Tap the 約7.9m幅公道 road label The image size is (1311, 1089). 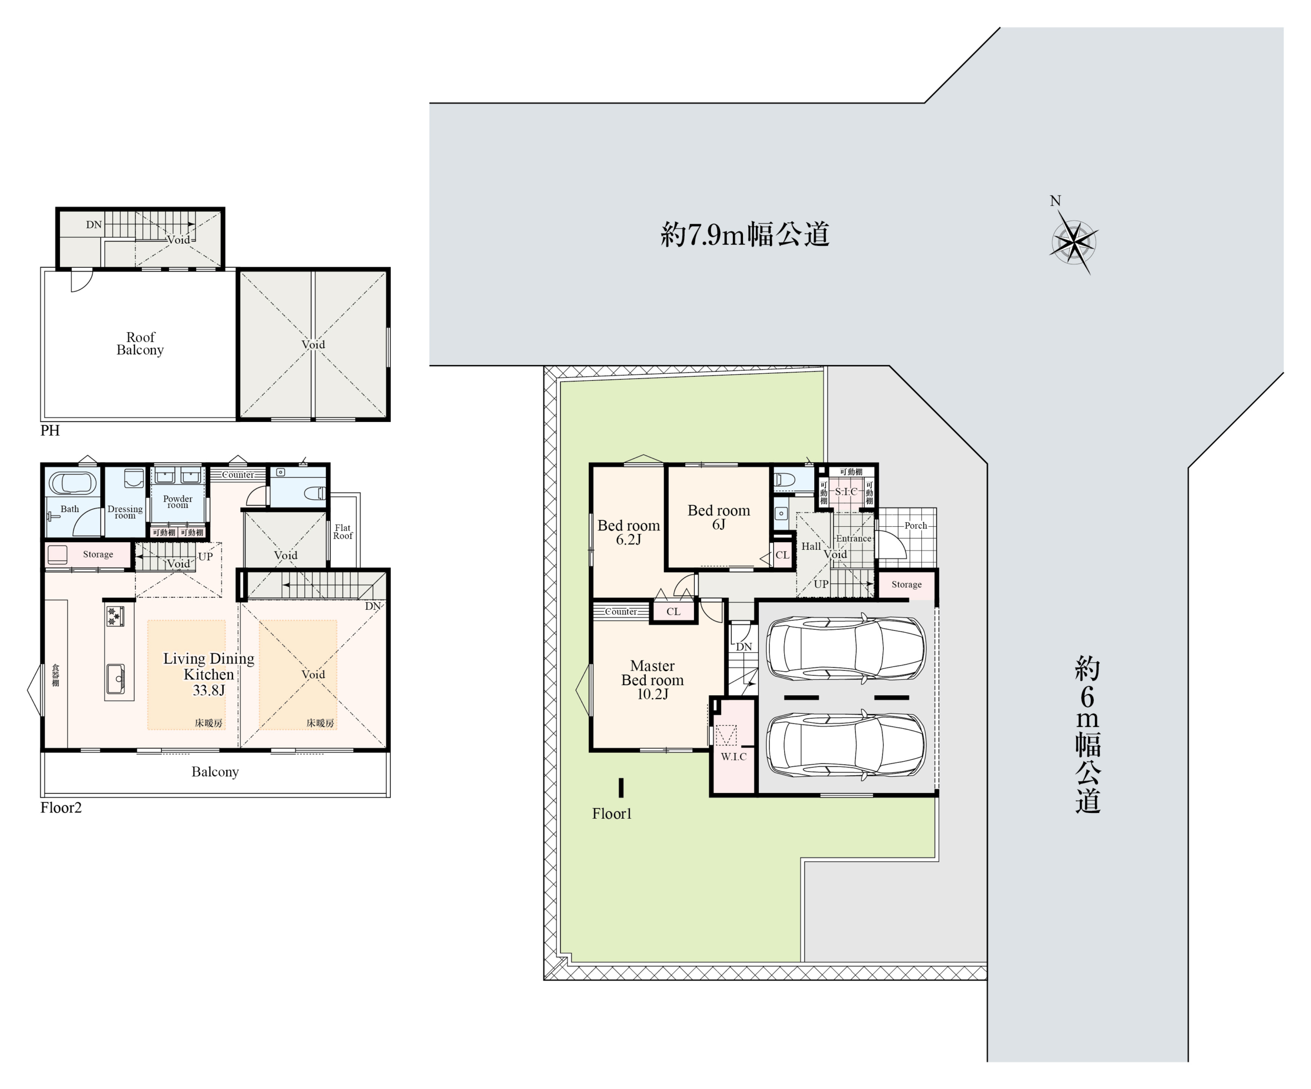[x=745, y=234]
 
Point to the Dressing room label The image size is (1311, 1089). [x=125, y=512]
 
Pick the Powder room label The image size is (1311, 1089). [x=178, y=501]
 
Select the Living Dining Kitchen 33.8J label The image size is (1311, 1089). [x=208, y=674]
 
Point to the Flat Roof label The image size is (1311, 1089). [x=343, y=532]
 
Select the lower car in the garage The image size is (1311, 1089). [x=846, y=744]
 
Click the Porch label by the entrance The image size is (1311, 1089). [x=916, y=525]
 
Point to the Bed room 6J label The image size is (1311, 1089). [x=718, y=517]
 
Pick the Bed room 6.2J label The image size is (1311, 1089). [x=629, y=532]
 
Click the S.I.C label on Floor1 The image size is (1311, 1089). [x=846, y=492]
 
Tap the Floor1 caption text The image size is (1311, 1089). [x=612, y=813]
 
